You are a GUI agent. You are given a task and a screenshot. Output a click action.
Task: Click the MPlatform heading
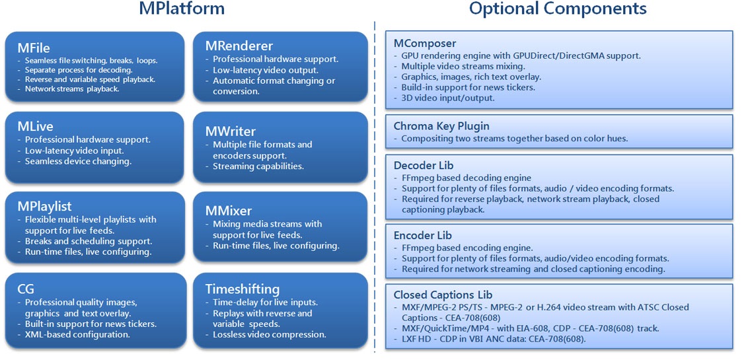181,8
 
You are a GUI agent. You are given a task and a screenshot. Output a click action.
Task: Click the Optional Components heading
558,9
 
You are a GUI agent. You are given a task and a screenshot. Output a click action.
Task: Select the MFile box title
34,48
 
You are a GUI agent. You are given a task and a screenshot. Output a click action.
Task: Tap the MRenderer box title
239,46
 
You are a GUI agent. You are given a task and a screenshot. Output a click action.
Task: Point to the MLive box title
36,127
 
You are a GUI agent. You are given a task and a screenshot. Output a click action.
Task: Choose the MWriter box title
231,131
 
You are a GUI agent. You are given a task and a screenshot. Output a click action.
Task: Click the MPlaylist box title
44,207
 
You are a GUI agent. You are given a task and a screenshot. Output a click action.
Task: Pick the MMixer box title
229,211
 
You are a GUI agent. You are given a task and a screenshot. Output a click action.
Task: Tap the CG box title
26,289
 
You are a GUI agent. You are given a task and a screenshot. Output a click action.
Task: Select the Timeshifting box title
243,289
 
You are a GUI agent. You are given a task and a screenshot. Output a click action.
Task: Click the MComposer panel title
425,44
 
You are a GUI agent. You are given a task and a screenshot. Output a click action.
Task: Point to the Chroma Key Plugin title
441,127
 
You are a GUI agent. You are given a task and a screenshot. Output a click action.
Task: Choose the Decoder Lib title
420,166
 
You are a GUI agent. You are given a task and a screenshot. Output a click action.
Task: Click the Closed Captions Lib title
443,295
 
